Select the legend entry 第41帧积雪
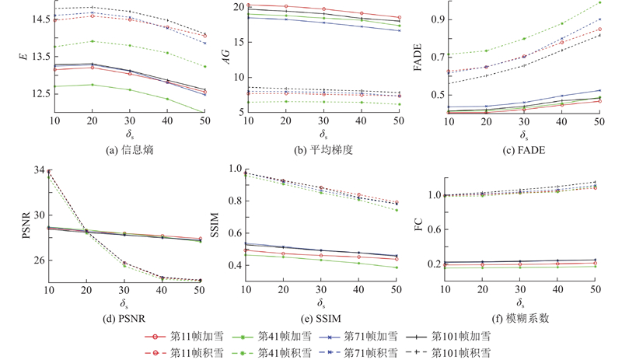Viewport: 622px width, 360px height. pyautogui.click(x=288, y=352)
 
